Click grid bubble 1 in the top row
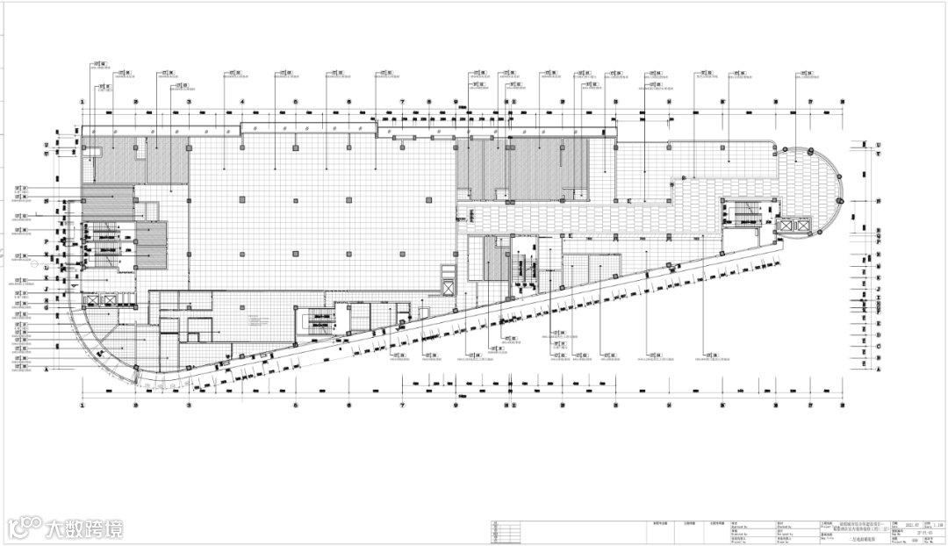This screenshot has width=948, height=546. point(83,102)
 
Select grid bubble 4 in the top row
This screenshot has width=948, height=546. point(241,102)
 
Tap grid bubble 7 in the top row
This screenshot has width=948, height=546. point(403,102)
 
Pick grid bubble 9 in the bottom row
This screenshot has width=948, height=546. point(456,406)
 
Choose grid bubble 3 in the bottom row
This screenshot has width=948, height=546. point(189,406)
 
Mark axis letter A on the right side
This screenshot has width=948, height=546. point(877,370)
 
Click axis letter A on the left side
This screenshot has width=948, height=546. point(45,370)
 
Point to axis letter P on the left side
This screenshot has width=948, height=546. point(45,239)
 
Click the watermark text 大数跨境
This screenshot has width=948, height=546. point(85,528)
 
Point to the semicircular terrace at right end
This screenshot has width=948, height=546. point(812,189)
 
